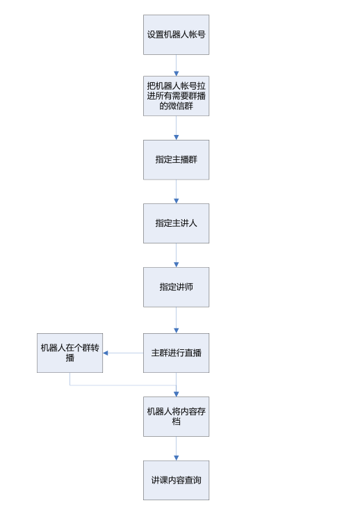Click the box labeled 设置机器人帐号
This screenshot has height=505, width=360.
pyautogui.click(x=176, y=35)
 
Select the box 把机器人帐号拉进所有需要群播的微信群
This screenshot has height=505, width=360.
pyautogui.click(x=176, y=96)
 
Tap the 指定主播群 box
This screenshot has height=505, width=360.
pyautogui.click(x=176, y=159)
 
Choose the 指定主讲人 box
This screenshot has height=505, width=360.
pyautogui.click(x=176, y=223)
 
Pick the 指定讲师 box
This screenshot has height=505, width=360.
pyautogui.click(x=176, y=287)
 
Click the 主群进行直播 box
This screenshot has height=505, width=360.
pyautogui.click(x=176, y=353)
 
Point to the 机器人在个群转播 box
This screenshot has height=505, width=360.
pyautogui.click(x=69, y=353)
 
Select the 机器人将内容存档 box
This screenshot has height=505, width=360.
pyautogui.click(x=176, y=417)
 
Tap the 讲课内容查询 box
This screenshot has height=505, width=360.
pyautogui.click(x=176, y=480)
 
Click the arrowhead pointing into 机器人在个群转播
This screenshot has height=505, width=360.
pyautogui.click(x=105, y=353)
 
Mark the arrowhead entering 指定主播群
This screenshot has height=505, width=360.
pyautogui.click(x=176, y=138)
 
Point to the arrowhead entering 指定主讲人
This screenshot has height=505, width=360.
pyautogui.click(x=176, y=201)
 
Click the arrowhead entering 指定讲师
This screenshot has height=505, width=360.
pyautogui.click(x=176, y=265)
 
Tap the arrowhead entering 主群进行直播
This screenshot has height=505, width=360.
pyautogui.click(x=176, y=331)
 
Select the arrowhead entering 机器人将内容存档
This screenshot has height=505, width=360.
pyautogui.click(x=176, y=394)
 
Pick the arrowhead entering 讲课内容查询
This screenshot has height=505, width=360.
pyautogui.click(x=176, y=458)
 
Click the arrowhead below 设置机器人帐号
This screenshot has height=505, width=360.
pyautogui.click(x=176, y=74)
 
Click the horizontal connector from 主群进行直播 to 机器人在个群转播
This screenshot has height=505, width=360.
pyautogui.click(x=123, y=353)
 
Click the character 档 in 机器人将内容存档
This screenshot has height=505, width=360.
pyautogui.click(x=176, y=422)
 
